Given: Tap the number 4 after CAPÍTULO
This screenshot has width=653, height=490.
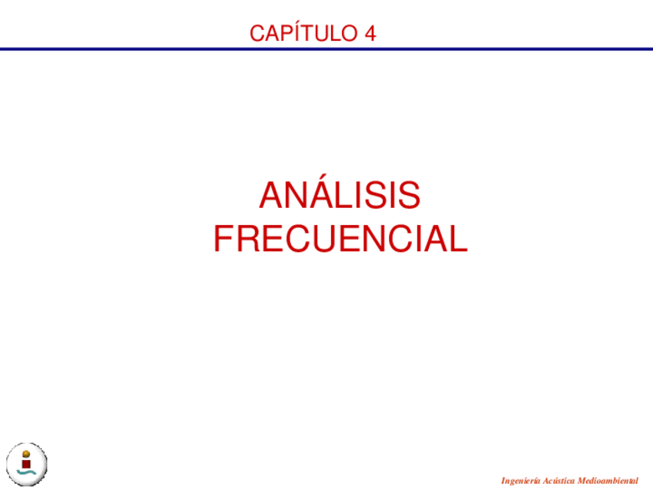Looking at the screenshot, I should pyautogui.click(x=370, y=33).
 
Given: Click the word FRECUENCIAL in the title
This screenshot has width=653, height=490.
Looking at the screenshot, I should pyautogui.click(x=340, y=239).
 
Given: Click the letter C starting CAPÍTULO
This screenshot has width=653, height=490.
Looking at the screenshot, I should pyautogui.click(x=257, y=33).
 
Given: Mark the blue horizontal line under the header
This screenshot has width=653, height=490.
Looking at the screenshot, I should pyautogui.click(x=326, y=49).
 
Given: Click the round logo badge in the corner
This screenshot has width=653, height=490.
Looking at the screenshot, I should pyautogui.click(x=27, y=464).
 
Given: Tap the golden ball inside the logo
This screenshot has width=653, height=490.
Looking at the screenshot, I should pyautogui.click(x=26, y=455).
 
